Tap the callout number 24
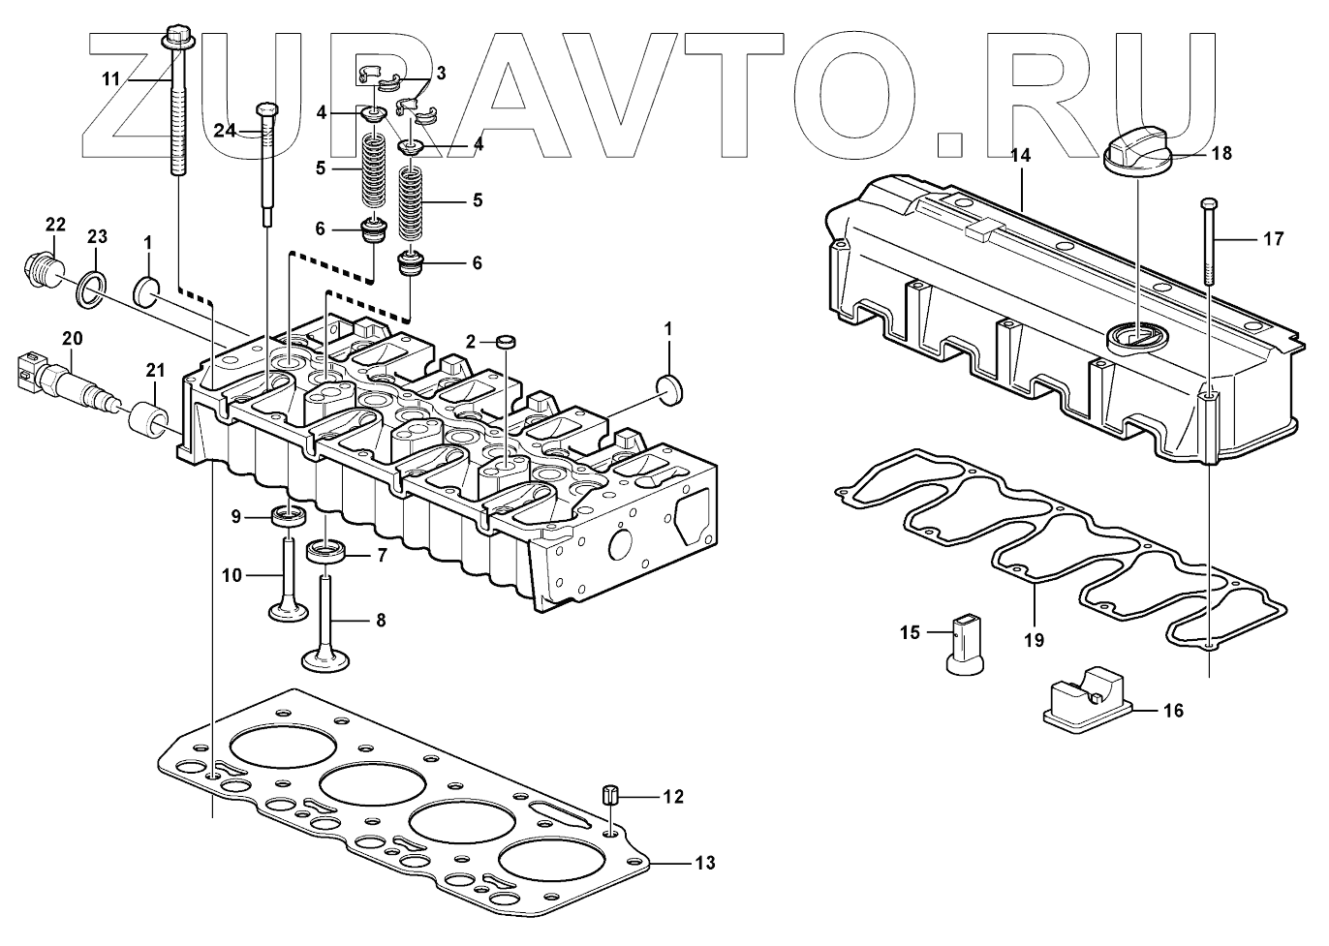click(x=225, y=131)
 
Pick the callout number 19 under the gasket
click(x=1034, y=639)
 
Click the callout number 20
click(x=73, y=338)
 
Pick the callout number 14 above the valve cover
click(x=1022, y=155)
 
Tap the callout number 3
click(x=441, y=73)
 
